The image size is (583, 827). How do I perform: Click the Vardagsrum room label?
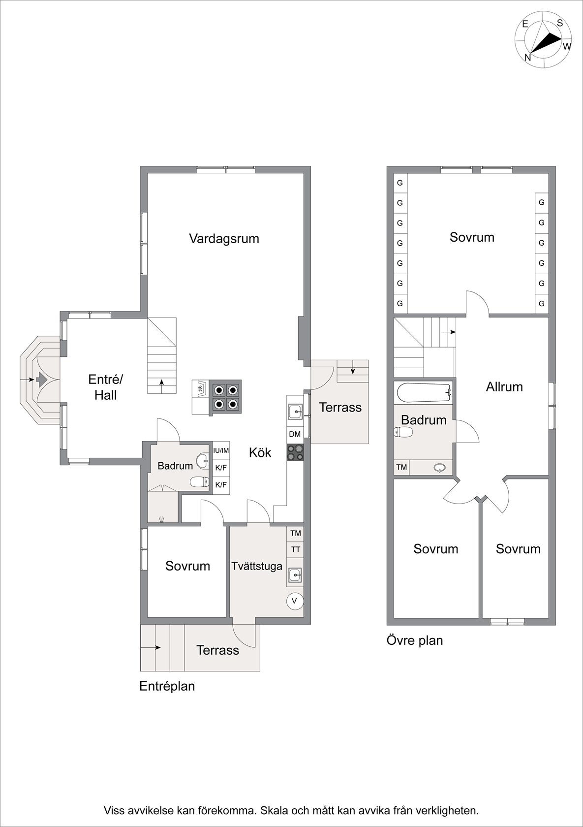pyautogui.click(x=224, y=239)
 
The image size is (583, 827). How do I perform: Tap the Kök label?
pyautogui.click(x=260, y=453)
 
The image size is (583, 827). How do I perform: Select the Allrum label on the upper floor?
pyautogui.click(x=504, y=387)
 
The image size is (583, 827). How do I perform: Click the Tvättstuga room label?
pyautogui.click(x=257, y=566)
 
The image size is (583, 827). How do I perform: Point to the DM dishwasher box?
pyautogui.click(x=295, y=434)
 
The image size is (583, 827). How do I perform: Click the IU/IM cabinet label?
pyautogui.click(x=221, y=450)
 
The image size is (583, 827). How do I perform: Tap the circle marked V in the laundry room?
pyautogui.click(x=294, y=601)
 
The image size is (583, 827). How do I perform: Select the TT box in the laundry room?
pyautogui.click(x=295, y=550)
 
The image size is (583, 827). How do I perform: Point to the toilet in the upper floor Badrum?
pyautogui.click(x=403, y=432)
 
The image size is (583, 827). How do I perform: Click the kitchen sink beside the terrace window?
pyautogui.click(x=295, y=412)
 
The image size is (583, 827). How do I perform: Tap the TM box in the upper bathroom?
pyautogui.click(x=401, y=468)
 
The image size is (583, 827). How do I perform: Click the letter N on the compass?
pyautogui.click(x=527, y=58)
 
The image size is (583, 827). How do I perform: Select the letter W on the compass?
pyautogui.click(x=567, y=46)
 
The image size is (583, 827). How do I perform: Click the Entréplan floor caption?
pyautogui.click(x=167, y=687)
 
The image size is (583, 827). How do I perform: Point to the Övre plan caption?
pyautogui.click(x=414, y=640)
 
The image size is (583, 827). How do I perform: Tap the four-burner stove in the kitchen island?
pyautogui.click(x=225, y=397)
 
